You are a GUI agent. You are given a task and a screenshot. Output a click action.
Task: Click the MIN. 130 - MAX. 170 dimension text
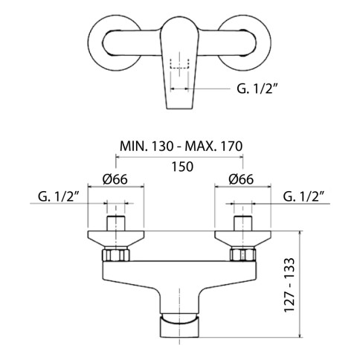[181, 146]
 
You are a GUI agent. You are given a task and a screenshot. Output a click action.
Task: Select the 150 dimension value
[182, 167]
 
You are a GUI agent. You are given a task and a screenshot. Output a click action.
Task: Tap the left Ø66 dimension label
[115, 179]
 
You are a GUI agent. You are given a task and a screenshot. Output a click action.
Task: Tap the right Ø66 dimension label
[241, 179]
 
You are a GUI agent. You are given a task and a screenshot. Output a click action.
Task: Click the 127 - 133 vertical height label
[289, 285]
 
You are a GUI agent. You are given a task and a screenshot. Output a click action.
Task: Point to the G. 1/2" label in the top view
[257, 89]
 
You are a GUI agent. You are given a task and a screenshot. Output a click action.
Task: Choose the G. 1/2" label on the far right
[303, 196]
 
